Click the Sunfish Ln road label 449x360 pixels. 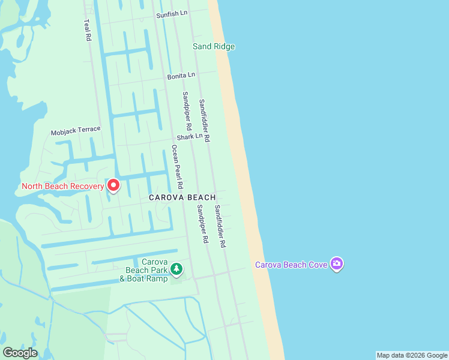click(171, 14)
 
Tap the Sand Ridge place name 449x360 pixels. click(214, 46)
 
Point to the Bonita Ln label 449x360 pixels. click(181, 76)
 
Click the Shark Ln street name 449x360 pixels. click(190, 137)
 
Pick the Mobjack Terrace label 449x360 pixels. click(76, 130)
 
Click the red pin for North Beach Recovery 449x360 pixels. click(113, 185)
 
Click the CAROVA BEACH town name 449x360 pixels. click(182, 197)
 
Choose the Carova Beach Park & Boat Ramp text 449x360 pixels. click(142, 270)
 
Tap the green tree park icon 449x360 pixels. click(176, 269)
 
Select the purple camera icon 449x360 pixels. click(337, 264)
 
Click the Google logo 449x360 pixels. click(20, 353)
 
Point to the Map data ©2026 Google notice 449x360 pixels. click(412, 355)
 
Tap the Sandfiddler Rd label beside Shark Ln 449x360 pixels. click(205, 120)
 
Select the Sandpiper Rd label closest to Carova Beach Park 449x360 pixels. click(201, 224)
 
